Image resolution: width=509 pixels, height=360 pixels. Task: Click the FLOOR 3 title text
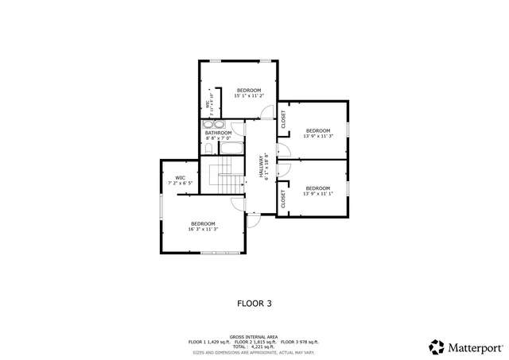click(254, 303)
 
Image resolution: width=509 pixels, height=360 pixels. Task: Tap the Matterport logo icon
click(437, 346)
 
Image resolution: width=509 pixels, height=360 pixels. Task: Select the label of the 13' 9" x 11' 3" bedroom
click(317, 133)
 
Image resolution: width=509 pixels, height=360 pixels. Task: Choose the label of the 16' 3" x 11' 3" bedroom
click(203, 226)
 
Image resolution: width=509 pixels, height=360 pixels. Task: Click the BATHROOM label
click(218, 135)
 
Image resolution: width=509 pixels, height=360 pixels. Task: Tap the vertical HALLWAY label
click(262, 167)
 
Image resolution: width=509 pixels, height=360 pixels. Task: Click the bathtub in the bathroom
click(231, 149)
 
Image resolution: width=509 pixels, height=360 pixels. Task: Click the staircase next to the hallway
click(224, 173)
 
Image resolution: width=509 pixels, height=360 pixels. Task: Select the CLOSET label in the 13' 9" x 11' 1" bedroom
click(283, 199)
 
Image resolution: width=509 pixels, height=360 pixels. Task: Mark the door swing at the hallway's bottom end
click(253, 221)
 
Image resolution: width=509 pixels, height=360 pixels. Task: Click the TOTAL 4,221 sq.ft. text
click(254, 346)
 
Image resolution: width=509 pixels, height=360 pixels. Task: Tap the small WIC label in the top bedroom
click(208, 106)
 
